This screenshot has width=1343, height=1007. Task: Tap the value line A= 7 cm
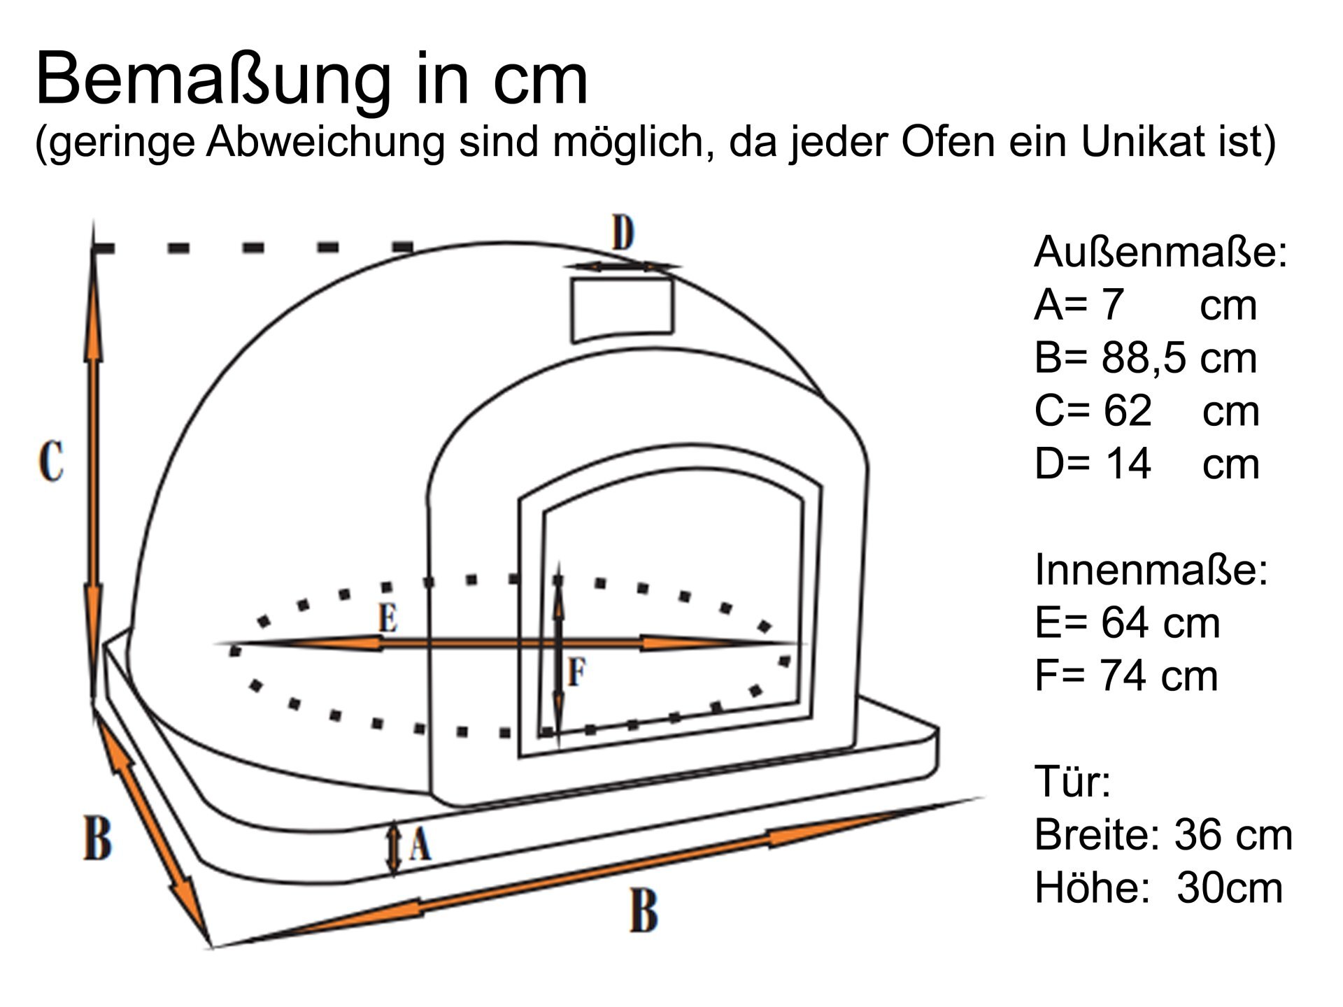(x=1145, y=305)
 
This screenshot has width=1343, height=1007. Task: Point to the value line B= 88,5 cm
(x=1145, y=358)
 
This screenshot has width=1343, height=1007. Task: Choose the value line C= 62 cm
(x=1146, y=411)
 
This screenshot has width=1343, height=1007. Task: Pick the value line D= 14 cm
(x=1146, y=464)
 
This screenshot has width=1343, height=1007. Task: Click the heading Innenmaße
(x=1151, y=569)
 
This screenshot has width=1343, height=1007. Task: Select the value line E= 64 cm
(x=1127, y=622)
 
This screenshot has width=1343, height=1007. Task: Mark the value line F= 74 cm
(x=1126, y=676)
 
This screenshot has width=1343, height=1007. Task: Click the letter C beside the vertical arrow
(x=51, y=461)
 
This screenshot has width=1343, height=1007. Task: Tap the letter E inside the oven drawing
(x=388, y=618)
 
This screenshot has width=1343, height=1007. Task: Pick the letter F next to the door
(x=576, y=672)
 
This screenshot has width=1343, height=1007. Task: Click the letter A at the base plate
(x=420, y=844)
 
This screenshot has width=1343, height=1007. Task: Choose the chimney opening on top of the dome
(x=622, y=308)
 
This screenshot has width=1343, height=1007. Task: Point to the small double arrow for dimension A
(x=395, y=848)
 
